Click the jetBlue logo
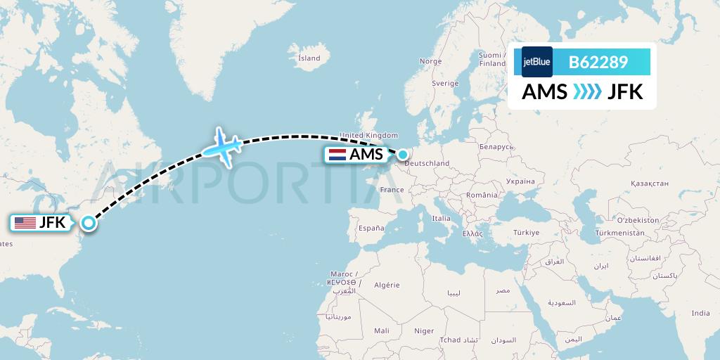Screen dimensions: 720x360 click(x=537, y=62)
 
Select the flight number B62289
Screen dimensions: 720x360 click(x=598, y=62)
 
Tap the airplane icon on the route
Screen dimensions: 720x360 click(x=223, y=146)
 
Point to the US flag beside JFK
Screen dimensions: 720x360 click(x=25, y=223)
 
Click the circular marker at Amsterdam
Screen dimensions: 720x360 click(x=403, y=153)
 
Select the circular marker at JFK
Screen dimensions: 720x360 click(x=89, y=223)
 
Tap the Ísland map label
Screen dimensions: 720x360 click(x=309, y=58)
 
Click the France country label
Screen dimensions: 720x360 click(x=392, y=190)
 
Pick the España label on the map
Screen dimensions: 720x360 click(x=371, y=228)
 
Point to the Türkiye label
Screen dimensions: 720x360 click(x=526, y=232)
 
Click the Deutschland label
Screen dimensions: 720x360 click(x=427, y=164)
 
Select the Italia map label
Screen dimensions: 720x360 click(x=441, y=218)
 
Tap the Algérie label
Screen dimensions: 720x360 click(x=385, y=285)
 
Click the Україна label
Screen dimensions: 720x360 click(x=520, y=181)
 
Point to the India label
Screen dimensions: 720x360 click(x=700, y=313)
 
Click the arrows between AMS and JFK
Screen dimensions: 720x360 click(x=588, y=92)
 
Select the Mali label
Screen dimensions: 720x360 click(x=382, y=330)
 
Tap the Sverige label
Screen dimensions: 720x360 click(x=445, y=83)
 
